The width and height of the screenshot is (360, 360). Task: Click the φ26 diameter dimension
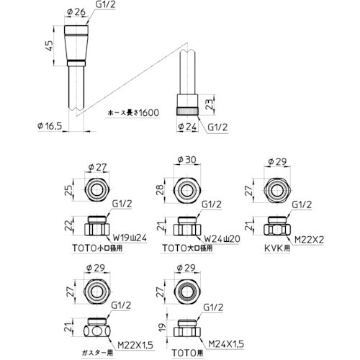click(x=76, y=12)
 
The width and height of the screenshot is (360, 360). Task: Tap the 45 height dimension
click(x=49, y=45)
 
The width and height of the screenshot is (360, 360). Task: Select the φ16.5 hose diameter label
click(x=50, y=125)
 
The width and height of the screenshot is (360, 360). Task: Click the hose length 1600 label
click(x=134, y=112)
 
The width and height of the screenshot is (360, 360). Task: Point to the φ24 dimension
click(x=188, y=126)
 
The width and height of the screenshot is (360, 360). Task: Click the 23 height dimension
click(x=210, y=104)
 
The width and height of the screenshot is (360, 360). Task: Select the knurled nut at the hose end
click(x=187, y=112)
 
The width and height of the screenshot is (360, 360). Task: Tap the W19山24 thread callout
click(x=130, y=238)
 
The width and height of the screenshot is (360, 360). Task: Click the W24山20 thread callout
click(x=222, y=238)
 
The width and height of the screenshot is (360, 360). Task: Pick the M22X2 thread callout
click(x=309, y=239)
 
